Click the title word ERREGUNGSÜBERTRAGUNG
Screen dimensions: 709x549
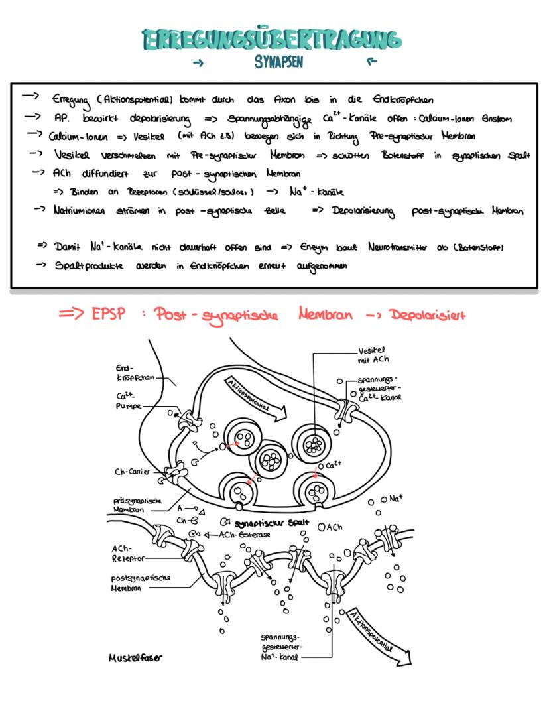[x=272, y=40]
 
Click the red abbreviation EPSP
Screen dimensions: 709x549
[x=108, y=314]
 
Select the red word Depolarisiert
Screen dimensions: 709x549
[x=428, y=314]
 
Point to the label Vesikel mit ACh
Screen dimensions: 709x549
[x=373, y=355]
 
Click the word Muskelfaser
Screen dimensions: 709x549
[x=136, y=658]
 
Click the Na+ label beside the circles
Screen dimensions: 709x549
[x=397, y=498]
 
